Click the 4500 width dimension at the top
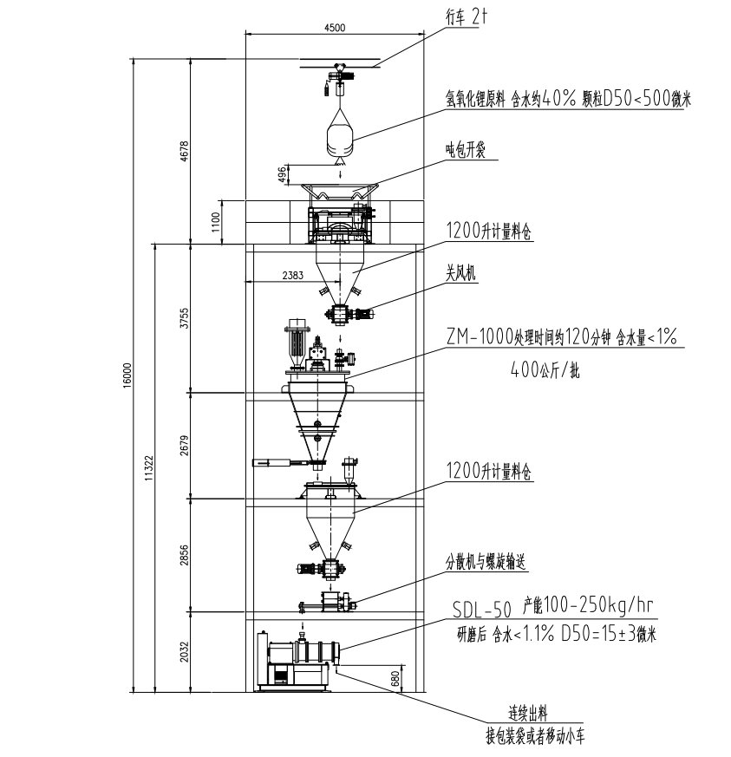(334, 28)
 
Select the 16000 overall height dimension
(127, 373)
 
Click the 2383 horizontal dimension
(292, 275)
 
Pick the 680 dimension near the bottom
(396, 678)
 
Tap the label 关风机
(462, 275)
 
